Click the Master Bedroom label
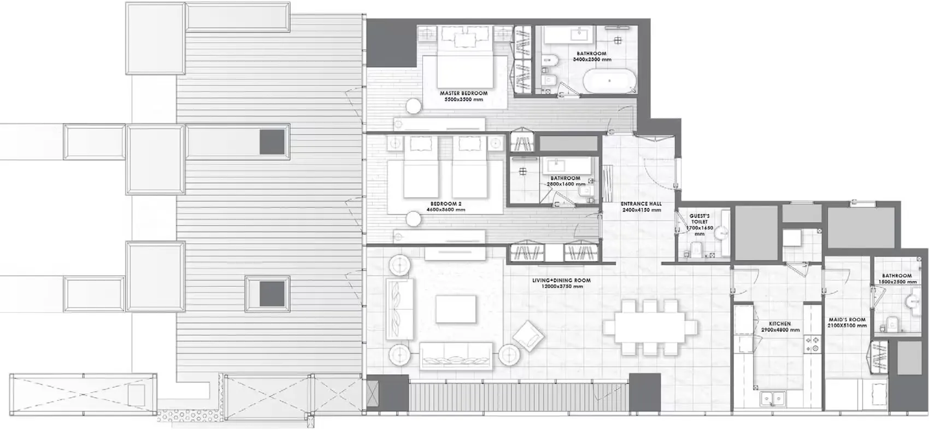463,94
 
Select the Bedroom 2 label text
447,204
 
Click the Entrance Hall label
641,204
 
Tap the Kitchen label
780,324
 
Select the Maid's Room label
846,319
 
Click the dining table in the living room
650,327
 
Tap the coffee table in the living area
456,309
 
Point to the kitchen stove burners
812,343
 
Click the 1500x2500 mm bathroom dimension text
896,282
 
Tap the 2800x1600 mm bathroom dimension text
566,184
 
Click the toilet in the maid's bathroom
892,323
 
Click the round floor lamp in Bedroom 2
413,219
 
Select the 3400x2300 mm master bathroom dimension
591,59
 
